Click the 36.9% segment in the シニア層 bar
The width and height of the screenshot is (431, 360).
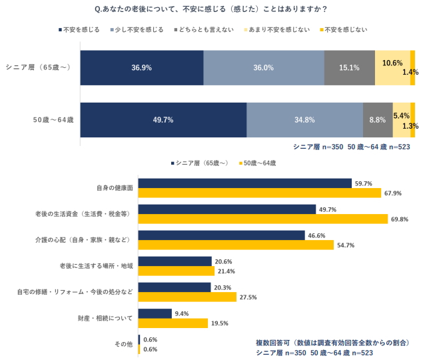141,67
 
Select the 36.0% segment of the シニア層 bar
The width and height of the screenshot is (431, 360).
263,67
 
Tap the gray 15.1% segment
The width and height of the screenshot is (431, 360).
350,67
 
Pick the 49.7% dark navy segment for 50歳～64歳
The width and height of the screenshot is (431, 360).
163,120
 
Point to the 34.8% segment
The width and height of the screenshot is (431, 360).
304,120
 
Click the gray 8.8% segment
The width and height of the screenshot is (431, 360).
378,120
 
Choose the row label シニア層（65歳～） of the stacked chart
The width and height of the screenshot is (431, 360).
38,67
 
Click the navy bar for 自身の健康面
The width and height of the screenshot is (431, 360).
244,183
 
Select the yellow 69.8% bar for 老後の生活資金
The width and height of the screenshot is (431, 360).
262,219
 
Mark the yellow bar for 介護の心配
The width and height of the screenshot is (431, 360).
236,245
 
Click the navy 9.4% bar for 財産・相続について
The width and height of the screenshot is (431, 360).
155,313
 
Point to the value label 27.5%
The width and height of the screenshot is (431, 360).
247,297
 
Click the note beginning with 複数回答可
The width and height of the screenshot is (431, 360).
332,342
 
